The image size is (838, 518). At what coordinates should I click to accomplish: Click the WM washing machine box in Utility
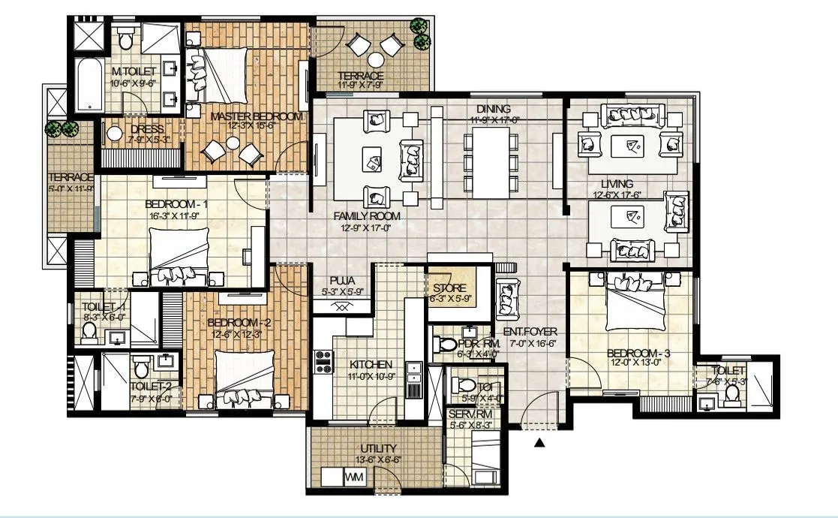[353, 477]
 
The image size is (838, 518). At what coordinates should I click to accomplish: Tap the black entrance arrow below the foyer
[539, 444]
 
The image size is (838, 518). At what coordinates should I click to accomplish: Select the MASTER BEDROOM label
[257, 116]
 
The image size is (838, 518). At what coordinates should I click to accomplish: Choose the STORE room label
[449, 288]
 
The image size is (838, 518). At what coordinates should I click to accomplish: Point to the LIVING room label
[617, 183]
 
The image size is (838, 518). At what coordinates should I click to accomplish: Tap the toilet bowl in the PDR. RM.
[448, 344]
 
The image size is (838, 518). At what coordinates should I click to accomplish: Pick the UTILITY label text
[378, 449]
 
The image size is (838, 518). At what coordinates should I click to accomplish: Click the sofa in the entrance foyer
[508, 296]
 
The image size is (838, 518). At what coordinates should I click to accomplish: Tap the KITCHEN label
[371, 365]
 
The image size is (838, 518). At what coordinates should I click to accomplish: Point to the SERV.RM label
[470, 414]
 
